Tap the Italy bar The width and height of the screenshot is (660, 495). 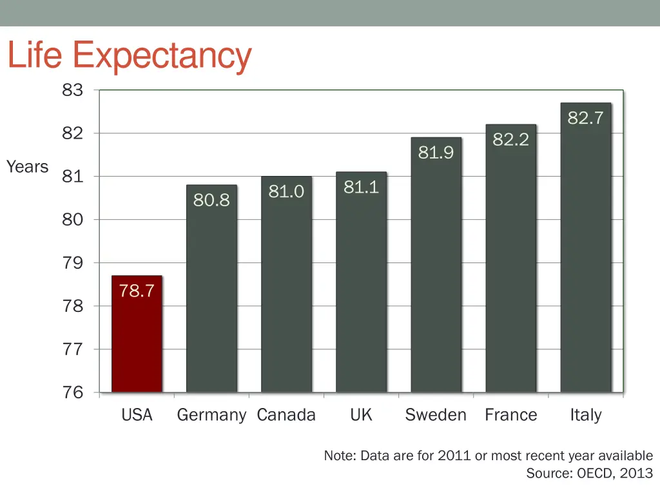(585, 258)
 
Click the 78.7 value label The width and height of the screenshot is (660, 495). (137, 291)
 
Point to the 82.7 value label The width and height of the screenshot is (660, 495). (585, 118)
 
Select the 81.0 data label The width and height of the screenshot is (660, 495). (286, 191)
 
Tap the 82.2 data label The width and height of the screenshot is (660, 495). (510, 139)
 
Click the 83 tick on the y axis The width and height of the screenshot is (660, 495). (73, 90)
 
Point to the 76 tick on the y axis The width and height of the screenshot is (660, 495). (73, 393)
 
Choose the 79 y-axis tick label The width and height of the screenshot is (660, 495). (73, 263)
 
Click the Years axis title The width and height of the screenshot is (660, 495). (28, 167)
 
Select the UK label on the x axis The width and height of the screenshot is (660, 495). (361, 415)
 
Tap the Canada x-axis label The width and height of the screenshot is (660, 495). (286, 415)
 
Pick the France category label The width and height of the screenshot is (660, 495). (510, 415)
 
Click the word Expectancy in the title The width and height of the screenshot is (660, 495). (162, 56)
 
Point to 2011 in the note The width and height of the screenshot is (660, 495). (454, 456)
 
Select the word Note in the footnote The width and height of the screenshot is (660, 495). (340, 456)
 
